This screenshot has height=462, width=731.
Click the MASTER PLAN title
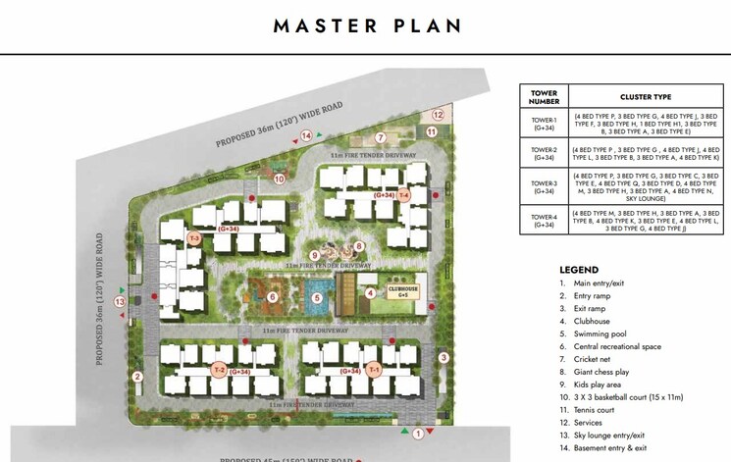point(366,26)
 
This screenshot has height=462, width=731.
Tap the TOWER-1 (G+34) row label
point(543,123)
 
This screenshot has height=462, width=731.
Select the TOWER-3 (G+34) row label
point(543,185)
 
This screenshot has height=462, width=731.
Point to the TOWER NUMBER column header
point(543,97)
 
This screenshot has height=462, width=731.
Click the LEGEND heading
point(579,270)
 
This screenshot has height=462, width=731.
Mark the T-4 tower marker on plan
point(403,196)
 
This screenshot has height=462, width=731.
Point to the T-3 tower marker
point(194,238)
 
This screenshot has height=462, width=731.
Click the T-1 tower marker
point(374,370)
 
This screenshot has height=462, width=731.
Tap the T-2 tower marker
point(219,370)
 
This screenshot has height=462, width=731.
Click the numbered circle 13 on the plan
point(120,302)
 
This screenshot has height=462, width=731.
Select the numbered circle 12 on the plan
point(439,115)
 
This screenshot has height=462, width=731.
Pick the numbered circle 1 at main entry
point(417,433)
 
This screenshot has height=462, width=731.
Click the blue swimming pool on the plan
point(316,298)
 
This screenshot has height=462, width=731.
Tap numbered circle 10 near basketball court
point(279,179)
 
